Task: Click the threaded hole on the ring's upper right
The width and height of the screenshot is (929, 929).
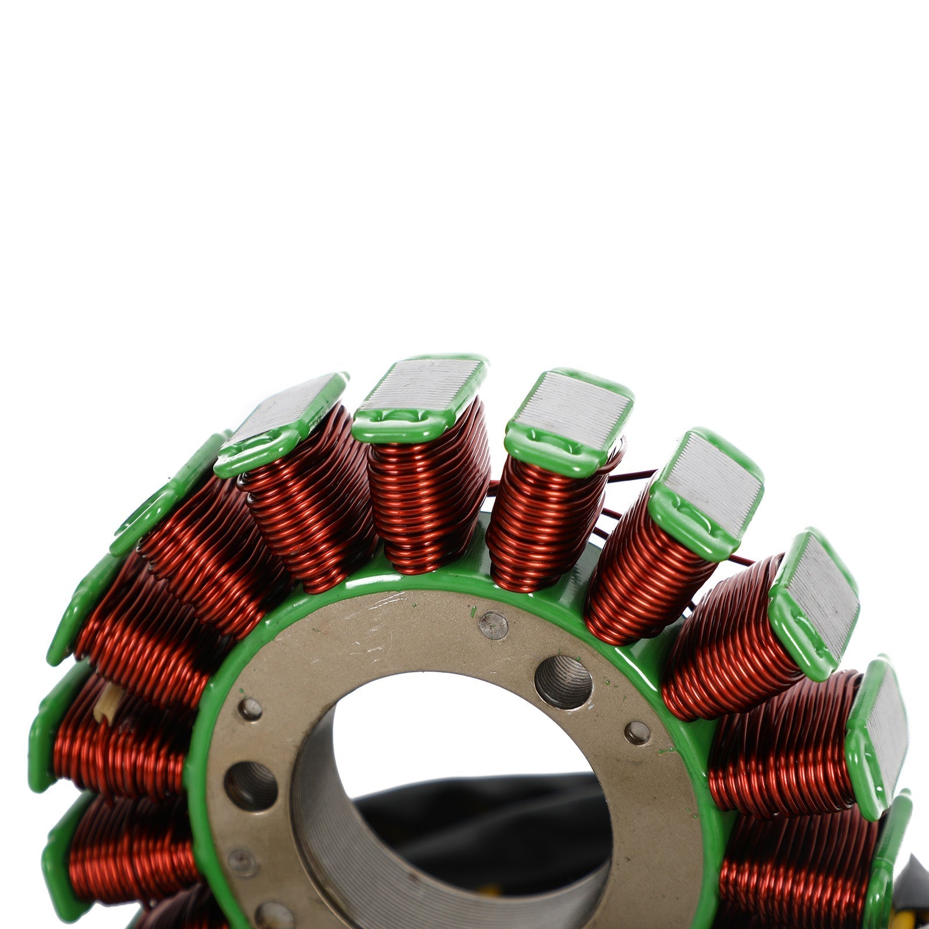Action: pos(563,682)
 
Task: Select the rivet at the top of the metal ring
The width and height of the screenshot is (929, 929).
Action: pos(494,625)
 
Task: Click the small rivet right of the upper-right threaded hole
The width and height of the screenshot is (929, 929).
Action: pos(637,733)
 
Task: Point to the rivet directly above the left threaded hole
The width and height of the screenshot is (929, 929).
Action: pos(250,709)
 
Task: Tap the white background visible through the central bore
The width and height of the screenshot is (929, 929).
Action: pos(441,732)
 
